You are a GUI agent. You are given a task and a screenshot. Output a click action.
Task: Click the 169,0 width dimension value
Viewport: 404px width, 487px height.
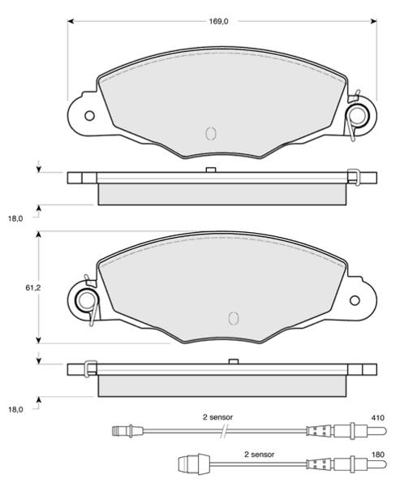coord(218,21)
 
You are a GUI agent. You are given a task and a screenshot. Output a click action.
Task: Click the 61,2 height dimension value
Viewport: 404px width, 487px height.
coord(33,288)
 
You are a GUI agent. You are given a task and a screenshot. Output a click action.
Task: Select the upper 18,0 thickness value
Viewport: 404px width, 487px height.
coord(15,218)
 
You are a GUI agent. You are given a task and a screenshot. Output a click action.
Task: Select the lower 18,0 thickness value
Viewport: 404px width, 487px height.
coord(15,409)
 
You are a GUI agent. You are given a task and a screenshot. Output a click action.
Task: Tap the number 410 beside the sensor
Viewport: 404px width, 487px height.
coord(377,418)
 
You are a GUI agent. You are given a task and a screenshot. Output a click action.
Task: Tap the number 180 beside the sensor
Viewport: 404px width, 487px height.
coord(377,455)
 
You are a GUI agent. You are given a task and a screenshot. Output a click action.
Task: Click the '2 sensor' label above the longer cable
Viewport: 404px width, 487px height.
coord(217,417)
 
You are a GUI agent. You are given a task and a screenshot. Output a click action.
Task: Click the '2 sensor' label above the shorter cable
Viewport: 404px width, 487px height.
coord(260,455)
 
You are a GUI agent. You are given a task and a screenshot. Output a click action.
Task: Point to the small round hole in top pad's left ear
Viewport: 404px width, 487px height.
coord(89,116)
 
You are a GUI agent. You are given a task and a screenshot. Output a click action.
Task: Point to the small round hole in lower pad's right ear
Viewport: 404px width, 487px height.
coord(355,300)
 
